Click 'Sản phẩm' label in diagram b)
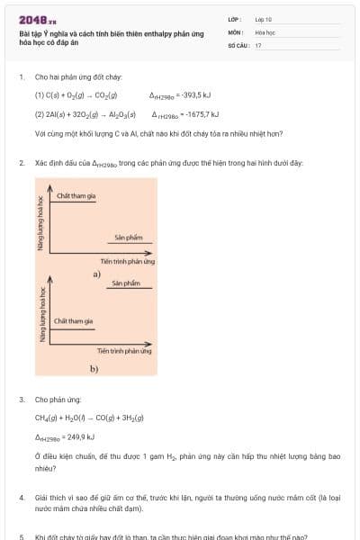126,283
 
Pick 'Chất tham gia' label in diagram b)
73,321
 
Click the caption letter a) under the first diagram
96,273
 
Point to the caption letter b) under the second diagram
94,369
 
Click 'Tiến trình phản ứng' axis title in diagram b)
124,351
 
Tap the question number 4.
22,497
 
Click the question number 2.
22,163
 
